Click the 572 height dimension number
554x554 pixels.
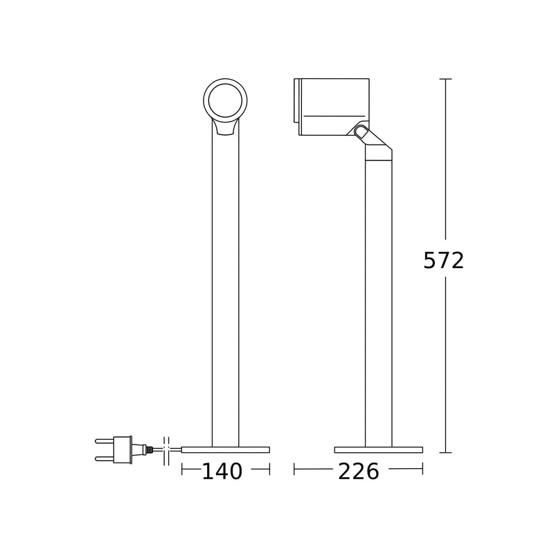tap(443, 261)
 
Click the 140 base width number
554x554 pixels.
tap(222, 472)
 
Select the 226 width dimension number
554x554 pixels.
tap(358, 472)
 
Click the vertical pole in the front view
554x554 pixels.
tap(225, 291)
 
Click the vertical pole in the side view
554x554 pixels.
tap(378, 298)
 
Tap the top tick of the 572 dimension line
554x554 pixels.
tap(446, 79)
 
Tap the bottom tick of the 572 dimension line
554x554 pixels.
tap(446, 452)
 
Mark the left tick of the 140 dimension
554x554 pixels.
tap(181, 470)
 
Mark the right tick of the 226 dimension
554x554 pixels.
tap(422, 470)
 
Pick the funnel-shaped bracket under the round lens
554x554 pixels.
tap(225, 127)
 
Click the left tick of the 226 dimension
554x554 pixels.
tap(294, 470)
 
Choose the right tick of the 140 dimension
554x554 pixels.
tap(269, 470)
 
